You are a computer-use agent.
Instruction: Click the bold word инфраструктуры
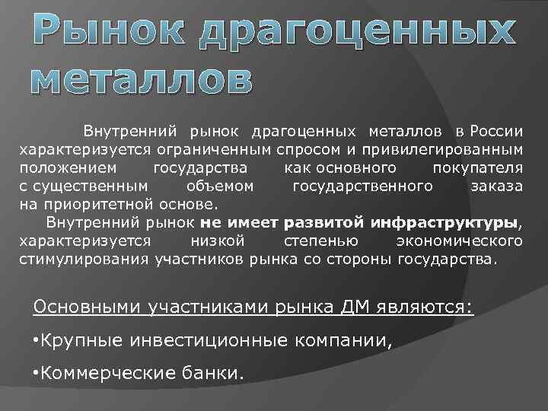(444, 223)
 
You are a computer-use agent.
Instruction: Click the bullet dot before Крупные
(37, 339)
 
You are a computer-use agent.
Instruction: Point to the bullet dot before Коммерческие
(37, 372)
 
